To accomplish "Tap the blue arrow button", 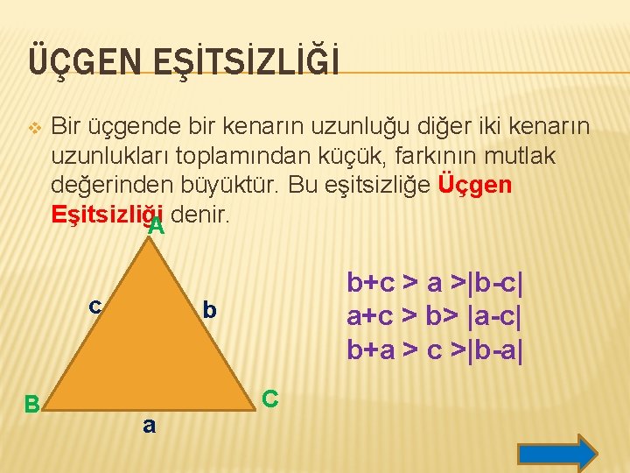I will click(x=556, y=453).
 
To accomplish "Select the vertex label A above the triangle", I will click(x=157, y=227).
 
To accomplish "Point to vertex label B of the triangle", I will click(x=31, y=404).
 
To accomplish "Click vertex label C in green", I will click(x=270, y=399).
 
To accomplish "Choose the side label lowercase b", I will click(x=209, y=310).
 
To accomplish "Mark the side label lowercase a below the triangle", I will click(x=149, y=426).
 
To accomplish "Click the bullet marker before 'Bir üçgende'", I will click(x=33, y=129).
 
